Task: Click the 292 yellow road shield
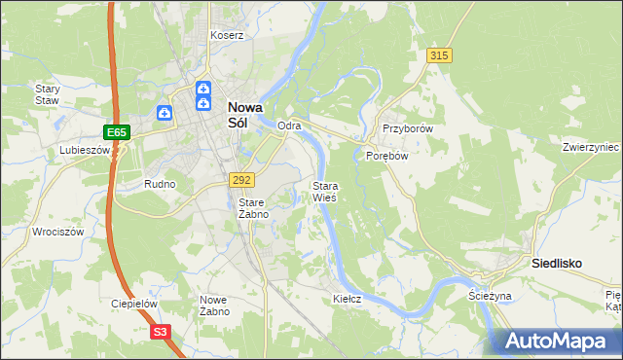click(x=241, y=180)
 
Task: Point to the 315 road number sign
click(x=438, y=56)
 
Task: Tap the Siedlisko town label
click(x=556, y=263)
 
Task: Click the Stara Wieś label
click(x=324, y=191)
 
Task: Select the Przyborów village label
click(x=407, y=128)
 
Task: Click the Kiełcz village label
click(x=347, y=299)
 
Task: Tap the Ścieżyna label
click(x=490, y=295)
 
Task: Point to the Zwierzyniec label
click(x=591, y=147)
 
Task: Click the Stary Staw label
click(x=48, y=93)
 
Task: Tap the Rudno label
click(x=160, y=184)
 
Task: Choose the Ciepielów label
click(x=134, y=304)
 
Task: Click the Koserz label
click(x=227, y=35)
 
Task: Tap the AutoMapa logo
click(x=555, y=341)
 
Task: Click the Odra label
click(x=289, y=126)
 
